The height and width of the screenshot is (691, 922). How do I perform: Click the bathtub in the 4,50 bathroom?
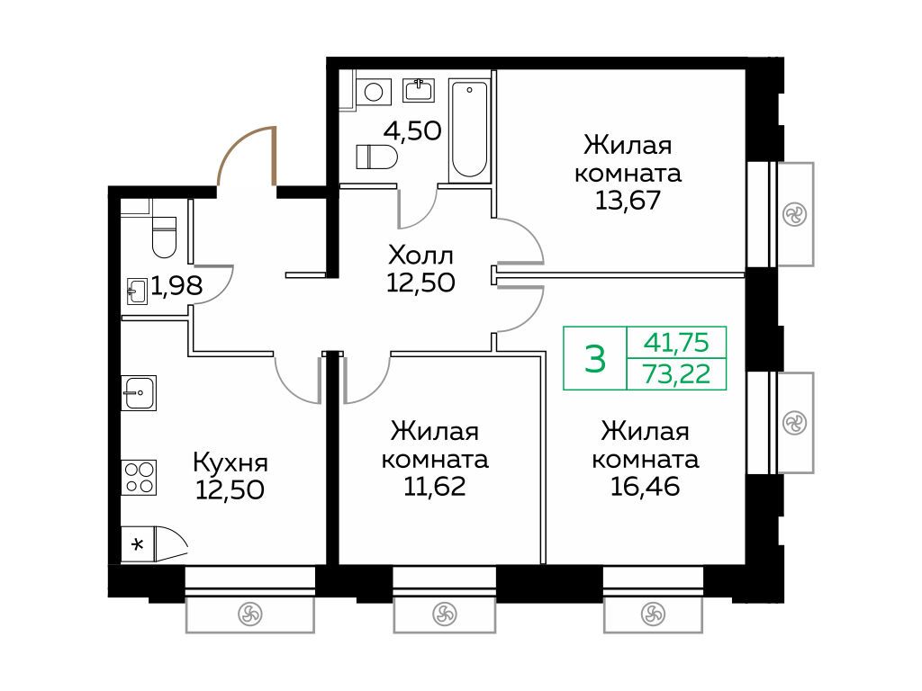click(468, 130)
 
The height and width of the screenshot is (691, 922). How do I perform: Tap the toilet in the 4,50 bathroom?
click(376, 157)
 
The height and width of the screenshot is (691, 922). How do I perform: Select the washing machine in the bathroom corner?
click(374, 92)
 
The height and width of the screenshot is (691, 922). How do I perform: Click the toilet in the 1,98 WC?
click(164, 237)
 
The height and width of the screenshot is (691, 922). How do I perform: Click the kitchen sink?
click(140, 392)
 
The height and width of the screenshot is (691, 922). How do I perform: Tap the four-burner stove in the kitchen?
click(140, 477)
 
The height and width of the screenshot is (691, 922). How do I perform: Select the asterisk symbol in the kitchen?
click(138, 544)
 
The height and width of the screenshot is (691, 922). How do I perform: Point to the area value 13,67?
click(628, 201)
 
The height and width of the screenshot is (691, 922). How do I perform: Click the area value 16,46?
click(645, 487)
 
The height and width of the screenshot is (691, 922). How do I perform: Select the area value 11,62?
click(435, 487)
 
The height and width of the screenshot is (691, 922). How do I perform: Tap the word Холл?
click(420, 256)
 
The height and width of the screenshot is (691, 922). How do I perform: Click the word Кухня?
click(230, 463)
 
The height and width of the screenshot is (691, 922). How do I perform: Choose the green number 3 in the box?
click(595, 359)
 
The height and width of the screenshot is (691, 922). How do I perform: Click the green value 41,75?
click(676, 342)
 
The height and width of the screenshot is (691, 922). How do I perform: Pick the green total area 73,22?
click(677, 373)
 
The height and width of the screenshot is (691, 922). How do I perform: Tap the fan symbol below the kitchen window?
click(249, 615)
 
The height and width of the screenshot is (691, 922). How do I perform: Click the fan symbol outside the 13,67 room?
click(795, 214)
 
